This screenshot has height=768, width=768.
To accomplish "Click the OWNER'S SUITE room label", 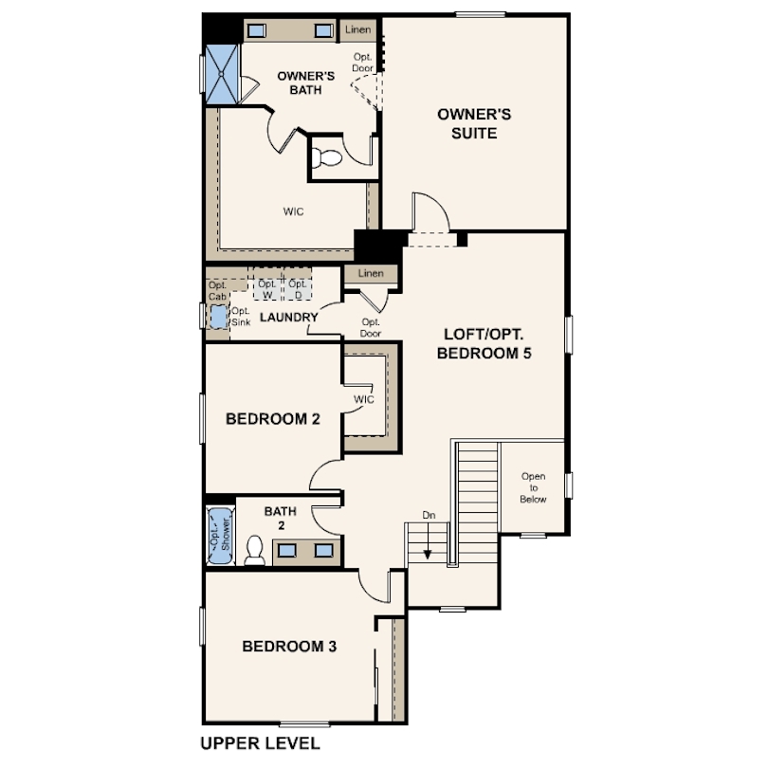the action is click(474, 123).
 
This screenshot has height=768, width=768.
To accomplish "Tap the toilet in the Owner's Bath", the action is click(327, 157).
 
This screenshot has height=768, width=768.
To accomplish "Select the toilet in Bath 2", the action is click(254, 550).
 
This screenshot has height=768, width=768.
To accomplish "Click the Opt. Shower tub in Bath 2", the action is click(220, 536).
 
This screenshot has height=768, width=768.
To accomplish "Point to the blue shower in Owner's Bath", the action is click(221, 74).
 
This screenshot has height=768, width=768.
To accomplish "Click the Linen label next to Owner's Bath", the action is click(357, 29).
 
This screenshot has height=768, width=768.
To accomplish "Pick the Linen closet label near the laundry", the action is click(371, 273).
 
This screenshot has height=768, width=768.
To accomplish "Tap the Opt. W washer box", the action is click(267, 288).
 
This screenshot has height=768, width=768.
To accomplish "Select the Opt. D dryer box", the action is click(298, 288).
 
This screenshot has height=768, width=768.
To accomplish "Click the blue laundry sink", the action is click(219, 317).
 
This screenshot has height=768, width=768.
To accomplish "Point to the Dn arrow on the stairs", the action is click(428, 541).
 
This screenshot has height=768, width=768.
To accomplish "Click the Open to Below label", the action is click(534, 488).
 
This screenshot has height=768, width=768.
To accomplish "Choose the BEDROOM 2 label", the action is click(273, 419).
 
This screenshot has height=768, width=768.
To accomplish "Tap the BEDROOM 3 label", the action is click(289, 646).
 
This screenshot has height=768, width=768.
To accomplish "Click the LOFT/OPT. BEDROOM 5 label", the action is click(484, 343).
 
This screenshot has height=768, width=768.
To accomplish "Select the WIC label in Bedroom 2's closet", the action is click(364, 399).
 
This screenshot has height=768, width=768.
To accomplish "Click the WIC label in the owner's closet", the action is click(293, 211).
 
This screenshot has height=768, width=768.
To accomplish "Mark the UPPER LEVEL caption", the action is click(260, 743).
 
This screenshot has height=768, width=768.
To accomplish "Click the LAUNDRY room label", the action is click(289, 318).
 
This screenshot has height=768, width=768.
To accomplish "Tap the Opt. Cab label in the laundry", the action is click(217, 290).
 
